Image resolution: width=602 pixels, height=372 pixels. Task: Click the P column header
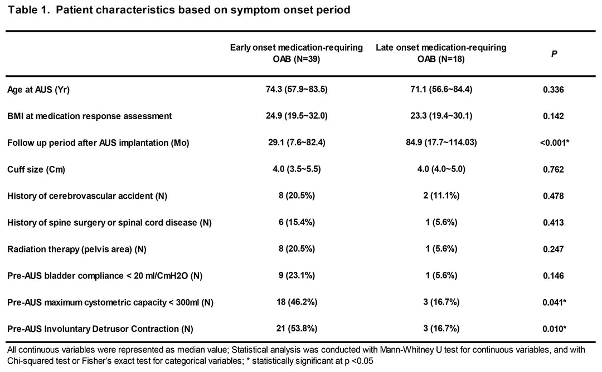[x=554, y=53]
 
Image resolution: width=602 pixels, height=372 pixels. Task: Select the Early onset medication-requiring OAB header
[x=297, y=53]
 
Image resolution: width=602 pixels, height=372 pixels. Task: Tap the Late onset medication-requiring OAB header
[x=441, y=53]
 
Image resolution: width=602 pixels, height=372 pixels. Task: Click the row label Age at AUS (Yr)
[x=38, y=90]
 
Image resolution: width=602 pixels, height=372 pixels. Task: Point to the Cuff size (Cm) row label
[x=36, y=169]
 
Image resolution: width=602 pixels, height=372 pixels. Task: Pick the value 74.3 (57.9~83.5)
[x=297, y=89]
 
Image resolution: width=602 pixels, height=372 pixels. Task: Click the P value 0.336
[x=554, y=90]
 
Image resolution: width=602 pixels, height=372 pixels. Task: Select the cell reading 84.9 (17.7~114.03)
[x=441, y=143]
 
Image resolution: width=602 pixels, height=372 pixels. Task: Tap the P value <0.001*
[x=554, y=143]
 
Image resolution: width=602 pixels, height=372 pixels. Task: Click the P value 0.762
[x=554, y=169]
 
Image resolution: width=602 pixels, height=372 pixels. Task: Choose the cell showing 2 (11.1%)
[x=441, y=195]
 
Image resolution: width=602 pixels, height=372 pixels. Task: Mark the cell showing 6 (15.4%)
[x=297, y=222]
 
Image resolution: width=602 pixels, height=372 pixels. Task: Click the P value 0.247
[x=554, y=249]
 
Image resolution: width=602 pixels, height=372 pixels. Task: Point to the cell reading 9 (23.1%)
[x=297, y=275]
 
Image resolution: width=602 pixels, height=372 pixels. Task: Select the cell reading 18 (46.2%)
[x=297, y=302]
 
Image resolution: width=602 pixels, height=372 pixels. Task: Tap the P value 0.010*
[x=554, y=329]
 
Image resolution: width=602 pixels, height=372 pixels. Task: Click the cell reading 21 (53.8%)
[x=297, y=329]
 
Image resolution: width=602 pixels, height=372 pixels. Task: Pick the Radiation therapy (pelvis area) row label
[x=77, y=249]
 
